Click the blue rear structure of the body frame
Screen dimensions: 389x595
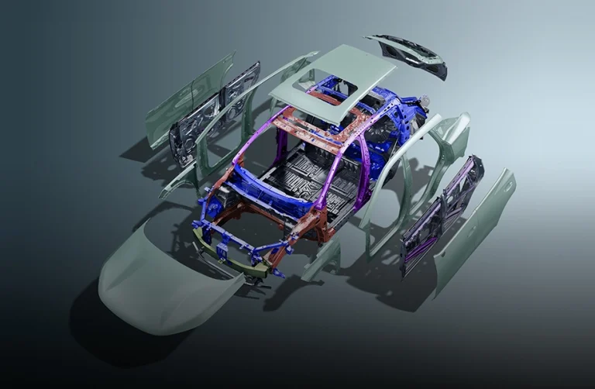click(395, 124)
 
